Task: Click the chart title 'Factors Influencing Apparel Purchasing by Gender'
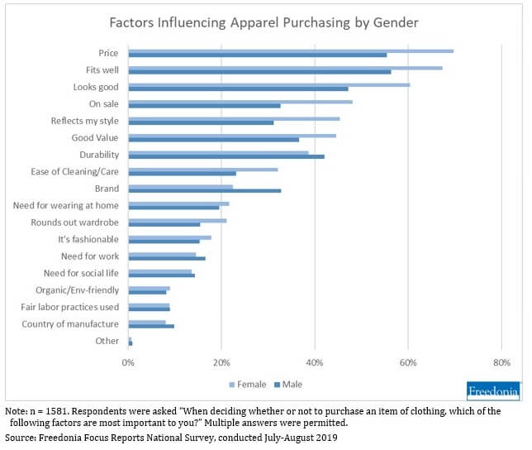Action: [264, 22]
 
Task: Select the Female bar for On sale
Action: [240, 102]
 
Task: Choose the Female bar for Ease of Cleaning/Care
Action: [202, 170]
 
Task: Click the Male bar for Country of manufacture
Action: [151, 326]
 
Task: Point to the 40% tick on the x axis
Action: [315, 362]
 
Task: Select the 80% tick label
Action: [501, 362]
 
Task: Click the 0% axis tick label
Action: [128, 362]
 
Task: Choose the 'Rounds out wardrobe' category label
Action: [74, 223]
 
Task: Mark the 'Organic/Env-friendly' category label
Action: [77, 290]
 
